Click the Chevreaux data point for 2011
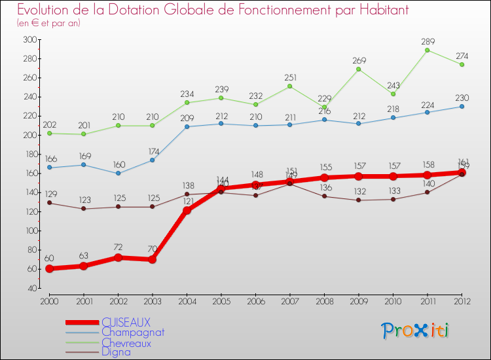tap(427, 50)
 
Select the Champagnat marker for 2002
tap(118, 173)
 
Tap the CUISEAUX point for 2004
tap(187, 211)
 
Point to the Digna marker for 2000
tap(49, 203)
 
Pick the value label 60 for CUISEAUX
tap(49, 259)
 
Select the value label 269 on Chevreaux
tap(358, 60)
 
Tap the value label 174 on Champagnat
tap(152, 151)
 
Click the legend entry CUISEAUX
tap(126, 322)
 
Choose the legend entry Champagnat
tap(133, 332)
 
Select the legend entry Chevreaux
tap(126, 342)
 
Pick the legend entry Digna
tap(116, 352)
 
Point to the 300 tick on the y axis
tap(29, 39)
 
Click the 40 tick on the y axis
tap(31, 288)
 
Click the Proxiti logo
tap(415, 331)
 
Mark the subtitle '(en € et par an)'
tap(48, 23)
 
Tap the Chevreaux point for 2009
tap(358, 69)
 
